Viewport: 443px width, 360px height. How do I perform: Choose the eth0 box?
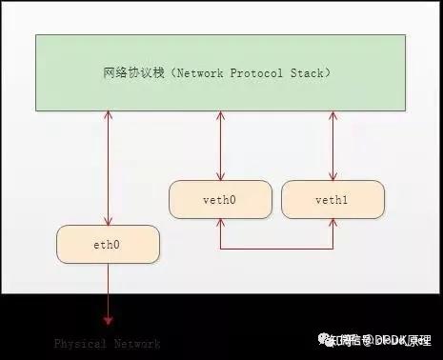108,244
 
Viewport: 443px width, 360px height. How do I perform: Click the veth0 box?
220,199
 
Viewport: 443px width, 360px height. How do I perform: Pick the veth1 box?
333,199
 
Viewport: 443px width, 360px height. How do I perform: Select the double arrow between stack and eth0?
108,167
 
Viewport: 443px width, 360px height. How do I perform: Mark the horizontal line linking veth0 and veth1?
276,250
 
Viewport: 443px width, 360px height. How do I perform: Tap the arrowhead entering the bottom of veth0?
220,223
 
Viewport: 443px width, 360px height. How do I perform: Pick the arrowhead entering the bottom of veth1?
333,223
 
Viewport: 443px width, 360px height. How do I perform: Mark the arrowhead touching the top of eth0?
108,221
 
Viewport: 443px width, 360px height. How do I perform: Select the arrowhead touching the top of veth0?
220,176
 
